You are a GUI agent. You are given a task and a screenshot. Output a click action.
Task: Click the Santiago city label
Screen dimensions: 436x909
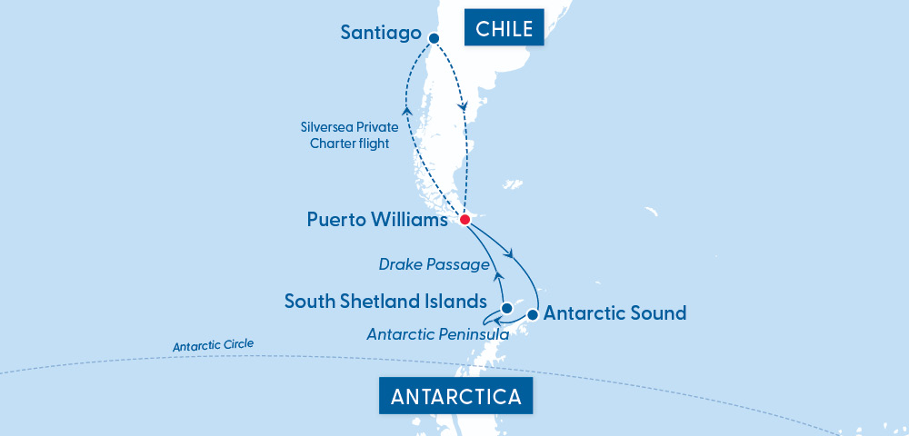tap(380, 33)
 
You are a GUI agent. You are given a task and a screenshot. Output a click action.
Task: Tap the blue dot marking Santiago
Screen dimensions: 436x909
tap(434, 38)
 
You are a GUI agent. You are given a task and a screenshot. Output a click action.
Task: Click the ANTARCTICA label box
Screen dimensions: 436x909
tap(455, 397)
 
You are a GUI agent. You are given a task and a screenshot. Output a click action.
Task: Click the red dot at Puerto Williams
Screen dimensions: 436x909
tap(464, 220)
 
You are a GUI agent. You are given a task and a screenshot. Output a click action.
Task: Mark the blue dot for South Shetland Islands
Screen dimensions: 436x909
tap(494, 308)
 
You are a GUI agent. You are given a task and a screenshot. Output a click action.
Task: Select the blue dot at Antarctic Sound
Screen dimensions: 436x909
tap(533, 315)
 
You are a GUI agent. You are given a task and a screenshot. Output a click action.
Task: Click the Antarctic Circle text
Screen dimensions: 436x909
tap(214, 346)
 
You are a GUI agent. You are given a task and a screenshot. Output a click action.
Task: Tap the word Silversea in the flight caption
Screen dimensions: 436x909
tap(330, 128)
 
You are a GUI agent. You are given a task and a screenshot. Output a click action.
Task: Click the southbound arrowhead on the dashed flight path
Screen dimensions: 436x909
tap(464, 108)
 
